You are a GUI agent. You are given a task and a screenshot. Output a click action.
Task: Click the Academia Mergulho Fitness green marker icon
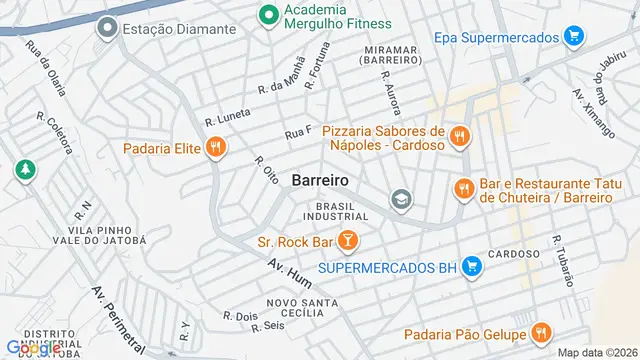[x=267, y=14]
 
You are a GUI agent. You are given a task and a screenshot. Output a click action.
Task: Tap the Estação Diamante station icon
[x=107, y=29]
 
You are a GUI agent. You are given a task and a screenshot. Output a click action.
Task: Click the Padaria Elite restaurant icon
[x=215, y=149]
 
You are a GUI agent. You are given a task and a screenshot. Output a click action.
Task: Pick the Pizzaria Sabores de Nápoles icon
[x=459, y=137]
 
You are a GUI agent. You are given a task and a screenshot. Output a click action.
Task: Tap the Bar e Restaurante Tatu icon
[x=463, y=188]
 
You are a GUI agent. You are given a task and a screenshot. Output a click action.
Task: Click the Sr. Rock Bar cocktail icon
[x=347, y=240]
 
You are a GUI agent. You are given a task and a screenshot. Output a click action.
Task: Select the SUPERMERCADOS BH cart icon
[x=473, y=267]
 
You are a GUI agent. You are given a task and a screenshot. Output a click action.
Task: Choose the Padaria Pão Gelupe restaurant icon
[x=540, y=333]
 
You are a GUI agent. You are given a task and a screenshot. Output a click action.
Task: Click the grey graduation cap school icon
[x=401, y=199]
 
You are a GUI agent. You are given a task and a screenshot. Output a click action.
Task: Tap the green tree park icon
[x=23, y=171]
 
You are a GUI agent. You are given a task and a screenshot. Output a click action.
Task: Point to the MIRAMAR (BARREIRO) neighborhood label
[x=383, y=55]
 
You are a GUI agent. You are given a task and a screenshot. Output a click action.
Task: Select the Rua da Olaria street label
[x=45, y=67]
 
